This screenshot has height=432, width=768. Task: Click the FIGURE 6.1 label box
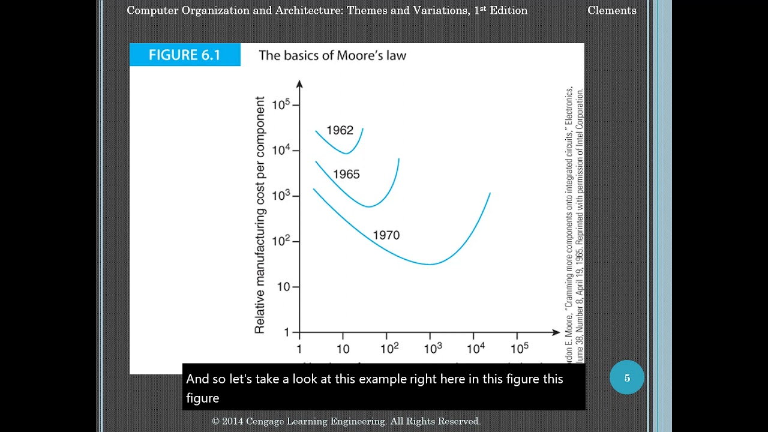pyautogui.click(x=185, y=55)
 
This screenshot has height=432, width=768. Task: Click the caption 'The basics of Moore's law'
pyautogui.click(x=332, y=56)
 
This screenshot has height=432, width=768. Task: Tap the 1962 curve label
pyautogui.click(x=340, y=130)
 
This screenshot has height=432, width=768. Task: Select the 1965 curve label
pyautogui.click(x=346, y=175)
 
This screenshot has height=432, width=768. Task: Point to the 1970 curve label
pyautogui.click(x=386, y=235)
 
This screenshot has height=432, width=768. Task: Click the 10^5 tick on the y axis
pyautogui.click(x=281, y=105)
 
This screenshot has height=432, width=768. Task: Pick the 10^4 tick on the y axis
pyautogui.click(x=281, y=150)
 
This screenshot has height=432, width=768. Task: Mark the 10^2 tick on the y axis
pyautogui.click(x=281, y=241)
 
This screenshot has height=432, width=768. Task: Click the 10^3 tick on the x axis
pyautogui.click(x=432, y=348)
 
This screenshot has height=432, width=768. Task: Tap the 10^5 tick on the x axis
pyautogui.click(x=519, y=348)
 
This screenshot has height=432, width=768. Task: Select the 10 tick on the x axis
pyautogui.click(x=343, y=349)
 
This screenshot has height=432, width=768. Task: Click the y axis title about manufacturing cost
pyautogui.click(x=260, y=215)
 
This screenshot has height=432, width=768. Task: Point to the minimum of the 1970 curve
pyautogui.click(x=430, y=264)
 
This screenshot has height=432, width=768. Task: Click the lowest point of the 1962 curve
pyautogui.click(x=346, y=154)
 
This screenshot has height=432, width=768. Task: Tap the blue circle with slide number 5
pyautogui.click(x=626, y=378)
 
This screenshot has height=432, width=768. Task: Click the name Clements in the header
pyautogui.click(x=611, y=10)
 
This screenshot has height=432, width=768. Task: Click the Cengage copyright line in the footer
pyautogui.click(x=346, y=422)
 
